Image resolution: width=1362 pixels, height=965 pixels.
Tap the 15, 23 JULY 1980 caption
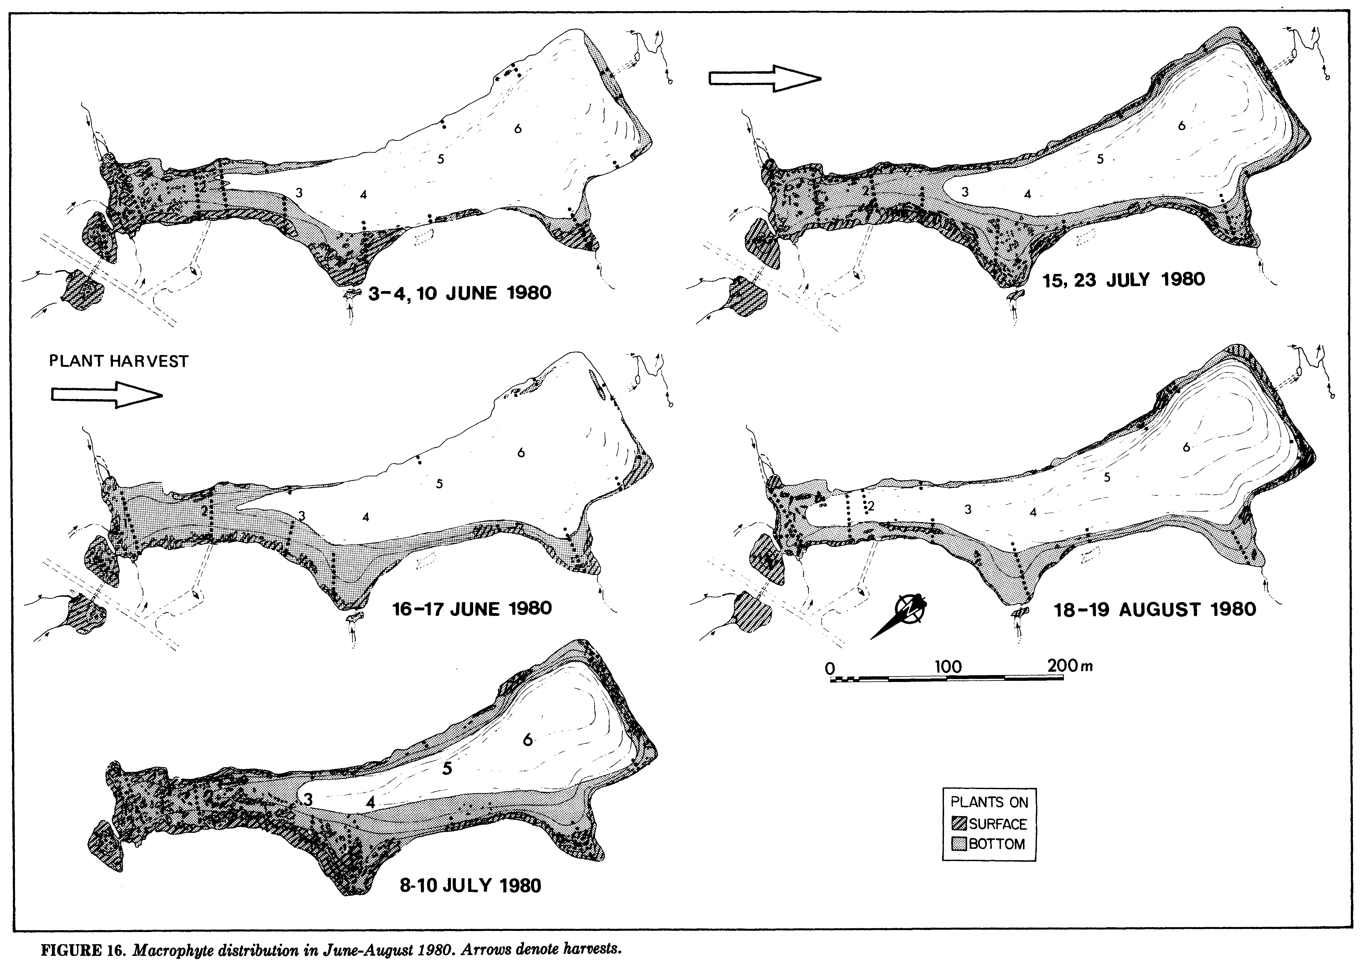[x=1124, y=279]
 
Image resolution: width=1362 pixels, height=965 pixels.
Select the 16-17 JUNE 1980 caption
[x=472, y=608]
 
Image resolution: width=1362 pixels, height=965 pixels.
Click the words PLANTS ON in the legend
[x=990, y=802]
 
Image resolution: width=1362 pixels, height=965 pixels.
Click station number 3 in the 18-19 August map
[x=968, y=509]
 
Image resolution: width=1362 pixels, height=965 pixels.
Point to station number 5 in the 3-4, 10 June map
[x=440, y=159]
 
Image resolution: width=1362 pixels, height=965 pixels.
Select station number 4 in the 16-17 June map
[x=366, y=517]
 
